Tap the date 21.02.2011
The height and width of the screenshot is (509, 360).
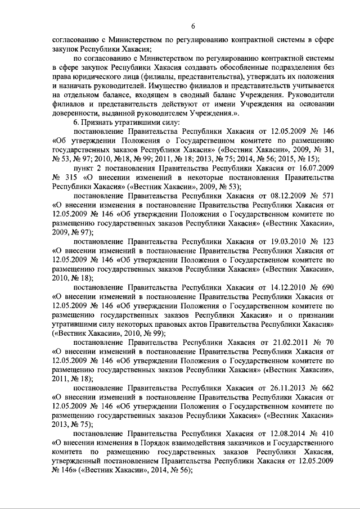pos(278,341)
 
